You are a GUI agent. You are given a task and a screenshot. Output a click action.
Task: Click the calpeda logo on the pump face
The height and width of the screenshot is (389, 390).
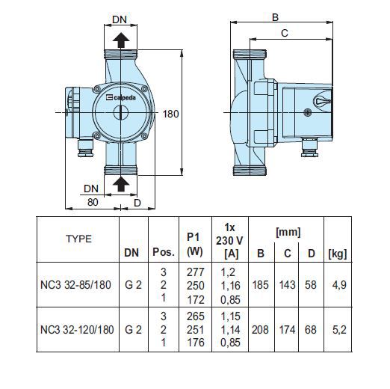[121, 97]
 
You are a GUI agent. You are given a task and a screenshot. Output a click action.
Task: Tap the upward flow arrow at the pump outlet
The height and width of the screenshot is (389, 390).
[121, 40]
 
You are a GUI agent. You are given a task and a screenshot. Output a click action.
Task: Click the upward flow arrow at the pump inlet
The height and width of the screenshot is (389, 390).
[121, 184]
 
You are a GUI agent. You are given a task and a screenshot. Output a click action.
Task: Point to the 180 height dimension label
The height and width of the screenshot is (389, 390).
[171, 114]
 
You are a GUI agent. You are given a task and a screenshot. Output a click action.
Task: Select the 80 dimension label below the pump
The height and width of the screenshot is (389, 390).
[93, 202]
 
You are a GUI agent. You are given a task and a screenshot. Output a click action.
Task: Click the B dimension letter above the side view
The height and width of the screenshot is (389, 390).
[275, 17]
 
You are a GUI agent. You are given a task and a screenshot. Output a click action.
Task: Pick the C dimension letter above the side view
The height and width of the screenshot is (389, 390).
[284, 33]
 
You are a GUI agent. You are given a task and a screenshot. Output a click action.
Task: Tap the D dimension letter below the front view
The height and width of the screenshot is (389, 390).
[137, 203]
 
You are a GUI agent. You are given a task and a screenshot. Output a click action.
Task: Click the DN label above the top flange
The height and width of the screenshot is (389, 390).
[120, 19]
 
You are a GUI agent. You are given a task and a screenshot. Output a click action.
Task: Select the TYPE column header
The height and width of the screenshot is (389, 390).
[79, 239]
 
